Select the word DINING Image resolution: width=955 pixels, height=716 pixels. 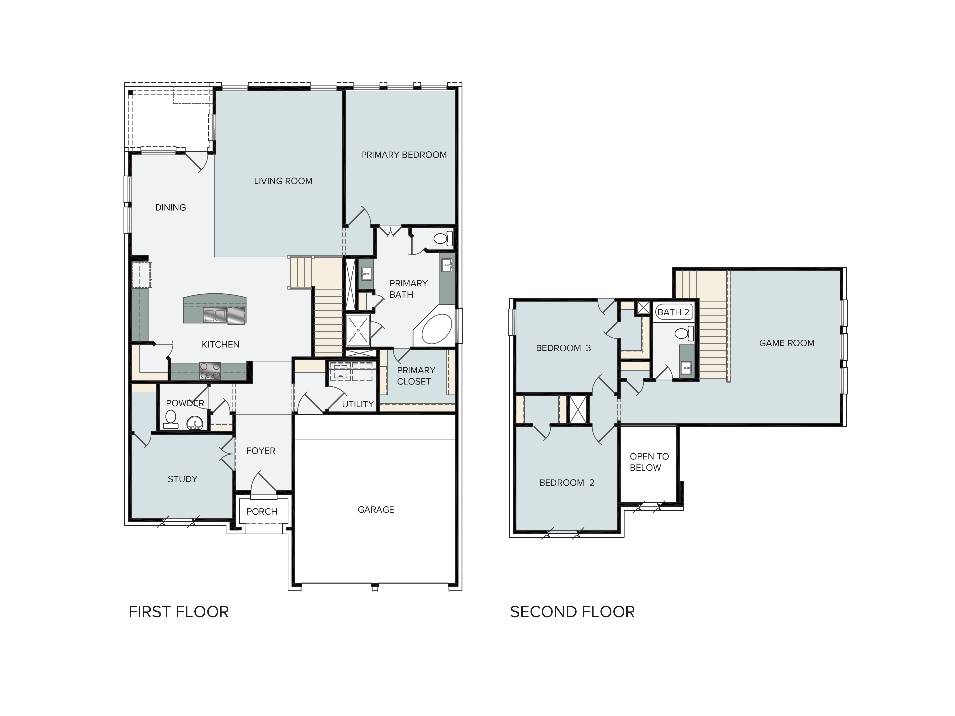[x=170, y=208]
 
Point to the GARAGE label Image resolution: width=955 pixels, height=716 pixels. [x=376, y=510]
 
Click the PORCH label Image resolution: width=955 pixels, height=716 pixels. [x=262, y=511]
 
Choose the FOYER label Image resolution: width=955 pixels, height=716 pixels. [x=261, y=451]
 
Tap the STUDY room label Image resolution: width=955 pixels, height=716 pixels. [x=183, y=479]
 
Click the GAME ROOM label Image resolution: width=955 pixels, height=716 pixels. [x=787, y=343]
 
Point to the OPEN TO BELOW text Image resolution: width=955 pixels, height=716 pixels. [x=649, y=462]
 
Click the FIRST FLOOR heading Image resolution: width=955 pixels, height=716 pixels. [x=179, y=612]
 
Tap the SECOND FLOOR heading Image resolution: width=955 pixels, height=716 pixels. [x=573, y=612]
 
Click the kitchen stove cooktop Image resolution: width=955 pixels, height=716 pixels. [x=210, y=371]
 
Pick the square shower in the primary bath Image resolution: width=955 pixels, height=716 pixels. [x=358, y=330]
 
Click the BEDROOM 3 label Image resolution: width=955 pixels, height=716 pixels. [x=563, y=348]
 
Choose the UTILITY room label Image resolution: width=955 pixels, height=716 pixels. [x=358, y=404]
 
